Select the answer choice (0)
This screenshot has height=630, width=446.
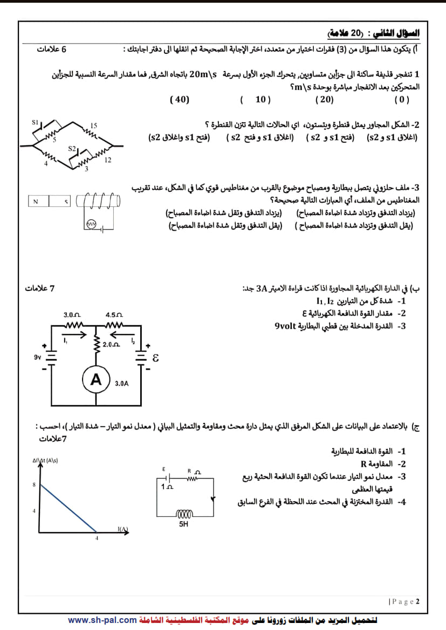[x=402, y=100]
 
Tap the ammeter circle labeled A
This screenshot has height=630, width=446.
[x=96, y=380]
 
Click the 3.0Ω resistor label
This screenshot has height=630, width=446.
[x=72, y=314]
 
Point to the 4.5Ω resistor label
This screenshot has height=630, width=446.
[x=114, y=314]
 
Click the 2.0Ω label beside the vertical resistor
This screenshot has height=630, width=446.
[x=112, y=344]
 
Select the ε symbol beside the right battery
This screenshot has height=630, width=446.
[x=156, y=358]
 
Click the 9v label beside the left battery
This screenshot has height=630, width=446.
[x=38, y=356]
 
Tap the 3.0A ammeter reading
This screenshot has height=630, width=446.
[x=121, y=384]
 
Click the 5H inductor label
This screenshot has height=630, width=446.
[x=183, y=523]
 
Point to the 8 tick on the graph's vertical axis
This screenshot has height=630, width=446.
[x=34, y=485]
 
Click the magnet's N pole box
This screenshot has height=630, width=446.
[x=37, y=202]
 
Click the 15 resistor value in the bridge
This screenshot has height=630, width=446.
[x=93, y=126]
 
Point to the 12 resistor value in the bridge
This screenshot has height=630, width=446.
[x=108, y=160]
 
